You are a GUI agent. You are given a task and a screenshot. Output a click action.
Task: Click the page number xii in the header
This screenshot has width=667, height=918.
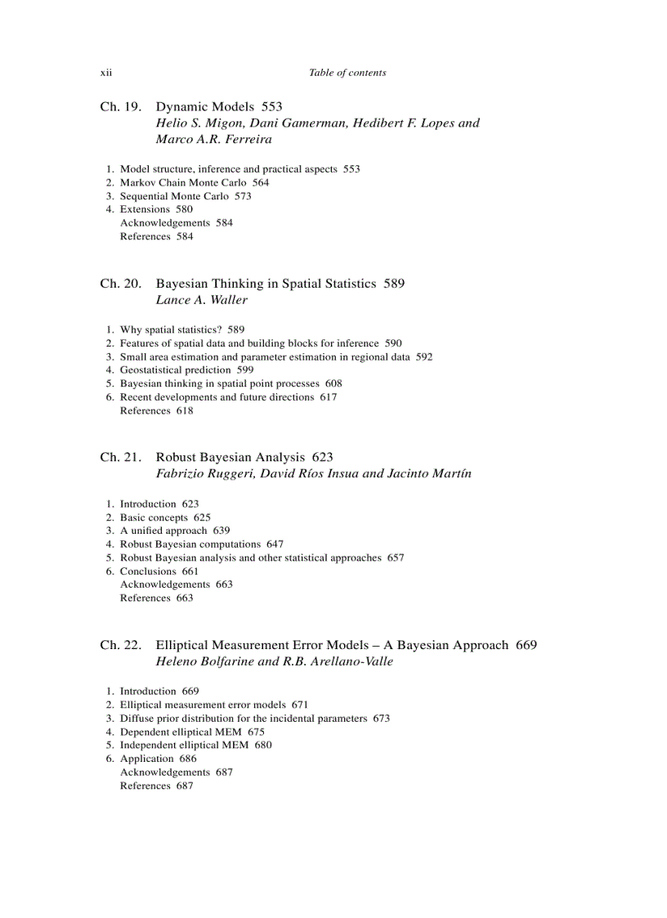(x=105, y=73)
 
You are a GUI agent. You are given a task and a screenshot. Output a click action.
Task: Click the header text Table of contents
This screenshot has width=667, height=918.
(x=347, y=73)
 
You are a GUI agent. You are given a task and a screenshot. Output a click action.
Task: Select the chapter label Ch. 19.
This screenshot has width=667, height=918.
(x=121, y=107)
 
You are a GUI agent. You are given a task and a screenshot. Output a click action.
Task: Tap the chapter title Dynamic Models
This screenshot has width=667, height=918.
(x=205, y=107)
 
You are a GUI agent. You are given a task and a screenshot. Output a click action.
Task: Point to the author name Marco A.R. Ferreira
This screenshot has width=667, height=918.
(x=214, y=139)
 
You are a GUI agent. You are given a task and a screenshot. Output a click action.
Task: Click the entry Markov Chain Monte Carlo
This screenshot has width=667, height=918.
(x=183, y=182)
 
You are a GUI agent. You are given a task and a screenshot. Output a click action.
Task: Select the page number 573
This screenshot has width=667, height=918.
(x=243, y=196)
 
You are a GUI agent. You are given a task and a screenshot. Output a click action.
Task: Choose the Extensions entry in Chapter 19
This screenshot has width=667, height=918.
(x=145, y=209)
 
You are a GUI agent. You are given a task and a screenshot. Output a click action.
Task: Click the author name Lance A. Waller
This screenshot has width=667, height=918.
(x=201, y=300)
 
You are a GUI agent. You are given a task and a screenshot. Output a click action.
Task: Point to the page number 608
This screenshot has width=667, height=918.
(x=333, y=383)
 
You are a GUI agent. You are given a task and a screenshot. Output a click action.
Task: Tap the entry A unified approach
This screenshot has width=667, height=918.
(x=163, y=531)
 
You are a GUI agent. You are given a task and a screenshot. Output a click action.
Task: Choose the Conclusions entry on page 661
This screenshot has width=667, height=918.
(x=148, y=571)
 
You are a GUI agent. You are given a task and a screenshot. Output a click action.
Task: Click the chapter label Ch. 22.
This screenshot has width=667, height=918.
(x=121, y=646)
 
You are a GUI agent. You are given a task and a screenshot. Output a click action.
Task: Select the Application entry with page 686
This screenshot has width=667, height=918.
(x=147, y=759)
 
